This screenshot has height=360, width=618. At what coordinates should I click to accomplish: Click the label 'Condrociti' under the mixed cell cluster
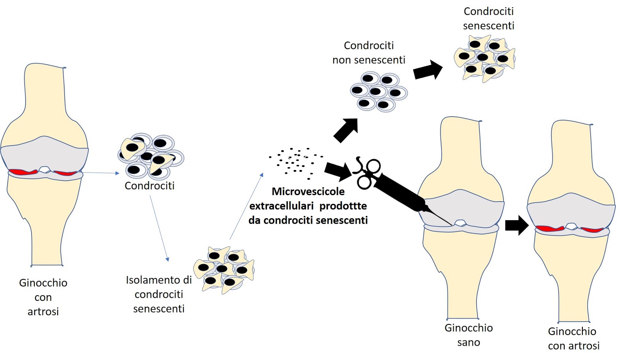pyautogui.click(x=149, y=186)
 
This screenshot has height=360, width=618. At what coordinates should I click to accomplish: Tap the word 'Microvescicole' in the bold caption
pyautogui.click(x=308, y=192)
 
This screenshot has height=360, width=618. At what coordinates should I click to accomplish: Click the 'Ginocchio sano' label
pyautogui.click(x=468, y=335)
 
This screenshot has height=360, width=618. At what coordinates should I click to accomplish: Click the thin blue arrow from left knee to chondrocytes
pyautogui.click(x=100, y=173)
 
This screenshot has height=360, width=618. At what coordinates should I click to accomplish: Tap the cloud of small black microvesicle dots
pyautogui.click(x=295, y=162)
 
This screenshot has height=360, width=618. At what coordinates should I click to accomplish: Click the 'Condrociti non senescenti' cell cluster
pyautogui.click(x=379, y=92)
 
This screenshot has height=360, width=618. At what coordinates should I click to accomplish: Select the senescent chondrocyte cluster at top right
pyautogui.click(x=484, y=58)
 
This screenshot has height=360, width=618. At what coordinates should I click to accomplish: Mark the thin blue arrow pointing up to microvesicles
pyautogui.click(x=246, y=207)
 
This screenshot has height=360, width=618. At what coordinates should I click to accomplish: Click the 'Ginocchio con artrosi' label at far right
pyautogui.click(x=573, y=338)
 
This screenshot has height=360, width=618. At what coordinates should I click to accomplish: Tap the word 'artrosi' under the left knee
pyautogui.click(x=43, y=312)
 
